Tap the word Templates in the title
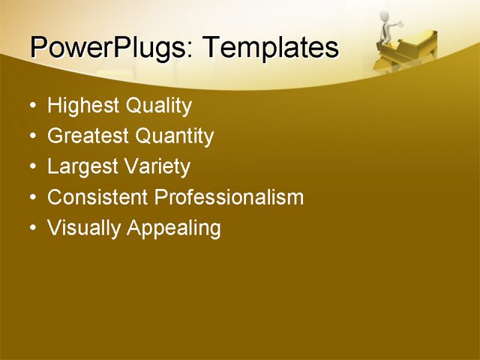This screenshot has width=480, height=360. point(271,48)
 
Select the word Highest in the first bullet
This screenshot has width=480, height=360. point(83,106)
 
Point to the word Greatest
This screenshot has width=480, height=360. point(88,136)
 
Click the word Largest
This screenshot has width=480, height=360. point(82,166)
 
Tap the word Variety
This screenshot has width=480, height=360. point(158,166)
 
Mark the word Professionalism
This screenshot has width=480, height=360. point(229,197)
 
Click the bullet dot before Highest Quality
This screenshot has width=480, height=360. point(31,106)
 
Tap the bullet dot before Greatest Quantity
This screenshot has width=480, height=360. point(31,137)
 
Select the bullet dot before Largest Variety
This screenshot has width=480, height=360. point(31,167)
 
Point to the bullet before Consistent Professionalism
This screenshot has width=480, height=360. point(31,198)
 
